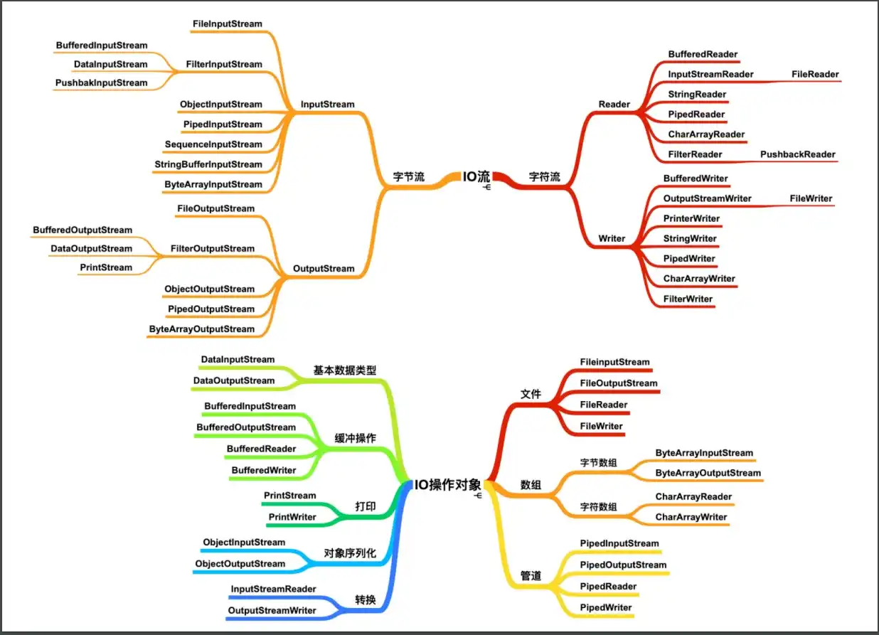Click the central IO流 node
(476, 176)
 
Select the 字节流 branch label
(408, 177)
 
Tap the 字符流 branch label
(544, 177)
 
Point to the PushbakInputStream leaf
(102, 83)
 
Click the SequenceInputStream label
(213, 144)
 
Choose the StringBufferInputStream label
(208, 164)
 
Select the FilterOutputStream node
(212, 249)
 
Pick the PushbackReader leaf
(797, 154)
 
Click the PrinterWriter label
(691, 218)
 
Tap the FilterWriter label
(688, 299)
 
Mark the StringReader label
(697, 95)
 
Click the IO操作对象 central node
(448, 486)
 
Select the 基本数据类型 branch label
(345, 370)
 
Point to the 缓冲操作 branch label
(355, 438)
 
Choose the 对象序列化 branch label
(350, 553)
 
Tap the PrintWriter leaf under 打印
(292, 517)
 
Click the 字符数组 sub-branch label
(598, 507)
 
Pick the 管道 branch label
(531, 576)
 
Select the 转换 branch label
(366, 600)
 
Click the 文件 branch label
(531, 394)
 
